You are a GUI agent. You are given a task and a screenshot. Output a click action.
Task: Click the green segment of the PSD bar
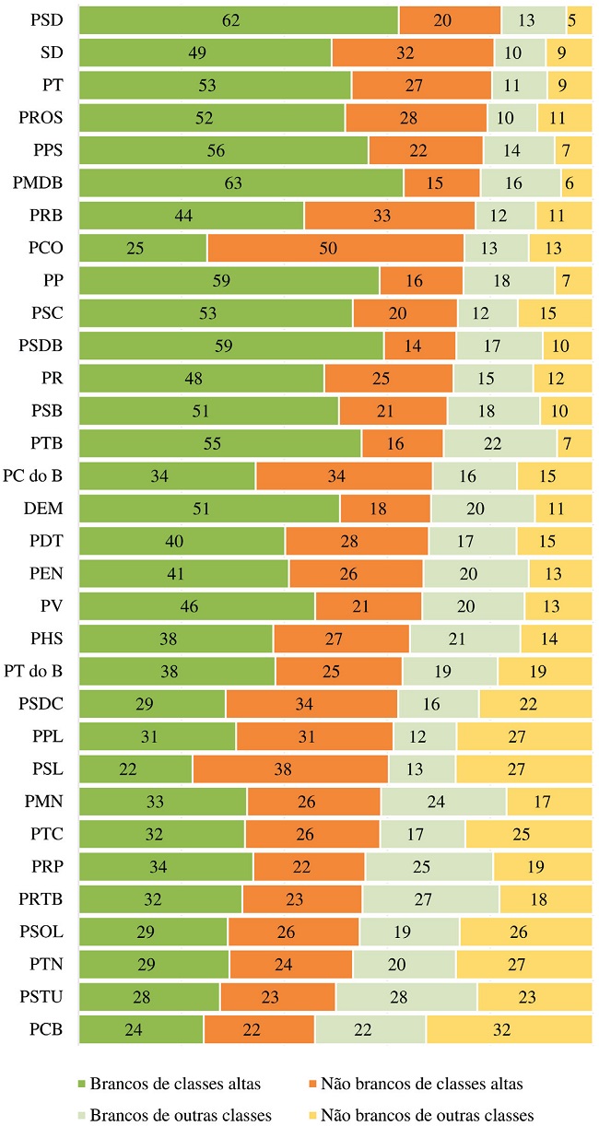tap(239, 19)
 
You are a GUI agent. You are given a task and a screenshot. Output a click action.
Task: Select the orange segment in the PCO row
tap(335, 248)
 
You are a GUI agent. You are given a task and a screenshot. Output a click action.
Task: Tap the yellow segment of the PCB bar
tap(508, 1029)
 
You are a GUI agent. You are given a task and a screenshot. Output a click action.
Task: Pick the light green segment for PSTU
tap(405, 997)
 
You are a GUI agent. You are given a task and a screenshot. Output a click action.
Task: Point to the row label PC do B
tap(33, 475)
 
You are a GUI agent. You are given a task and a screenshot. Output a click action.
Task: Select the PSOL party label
tap(41, 932)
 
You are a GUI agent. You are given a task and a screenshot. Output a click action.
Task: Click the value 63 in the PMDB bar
tap(233, 182)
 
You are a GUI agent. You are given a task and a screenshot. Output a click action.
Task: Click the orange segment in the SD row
tap(412, 53)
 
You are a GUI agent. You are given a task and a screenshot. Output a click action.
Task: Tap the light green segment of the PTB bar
tap(499, 443)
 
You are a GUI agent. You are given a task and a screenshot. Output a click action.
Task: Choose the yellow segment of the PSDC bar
tap(534, 704)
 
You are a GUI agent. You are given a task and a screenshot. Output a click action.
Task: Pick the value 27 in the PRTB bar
tap(429, 898)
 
